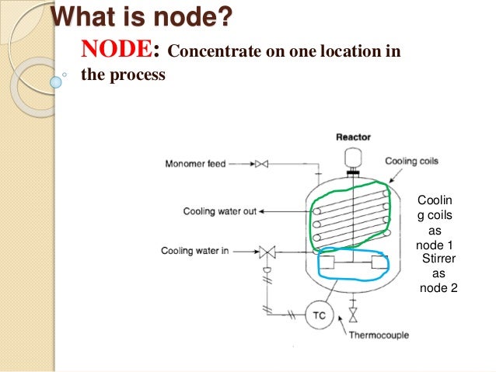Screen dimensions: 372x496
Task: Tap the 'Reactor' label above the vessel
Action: (353, 137)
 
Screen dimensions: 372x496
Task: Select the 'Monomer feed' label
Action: (194, 164)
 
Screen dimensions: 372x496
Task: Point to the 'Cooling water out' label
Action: (220, 211)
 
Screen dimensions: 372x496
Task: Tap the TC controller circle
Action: (318, 315)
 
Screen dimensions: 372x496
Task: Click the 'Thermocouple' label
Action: (379, 335)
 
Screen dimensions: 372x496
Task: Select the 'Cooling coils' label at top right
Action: (412, 162)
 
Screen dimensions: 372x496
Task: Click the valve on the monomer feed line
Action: (261, 164)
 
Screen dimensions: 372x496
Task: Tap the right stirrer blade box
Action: (379, 262)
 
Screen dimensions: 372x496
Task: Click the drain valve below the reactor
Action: (353, 314)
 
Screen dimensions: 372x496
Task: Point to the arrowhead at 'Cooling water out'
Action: (263, 211)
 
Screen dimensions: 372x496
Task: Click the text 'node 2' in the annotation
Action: (438, 288)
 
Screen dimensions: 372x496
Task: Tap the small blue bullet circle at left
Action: (55, 80)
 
